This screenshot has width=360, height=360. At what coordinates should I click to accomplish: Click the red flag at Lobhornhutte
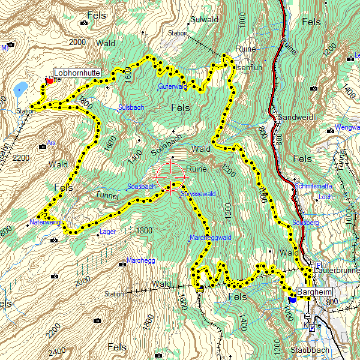pyautogui.click(x=49, y=80)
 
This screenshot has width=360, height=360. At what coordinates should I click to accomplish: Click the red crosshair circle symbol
pyautogui.click(x=172, y=176)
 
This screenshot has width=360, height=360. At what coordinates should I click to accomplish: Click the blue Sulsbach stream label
pyautogui.click(x=131, y=107)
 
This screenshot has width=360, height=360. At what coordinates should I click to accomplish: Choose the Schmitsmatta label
pyautogui.click(x=313, y=187)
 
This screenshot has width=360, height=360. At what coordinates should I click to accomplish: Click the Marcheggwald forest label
pyautogui.click(x=211, y=237)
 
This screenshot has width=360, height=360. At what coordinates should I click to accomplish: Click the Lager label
pyautogui.click(x=108, y=231)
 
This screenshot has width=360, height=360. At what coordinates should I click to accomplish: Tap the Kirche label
pyautogui.click(x=312, y=326)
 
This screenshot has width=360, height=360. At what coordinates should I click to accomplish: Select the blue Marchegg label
pyautogui.click(x=141, y=261)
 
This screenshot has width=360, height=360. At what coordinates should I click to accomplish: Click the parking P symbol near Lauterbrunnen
pyautogui.click(x=318, y=265)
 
